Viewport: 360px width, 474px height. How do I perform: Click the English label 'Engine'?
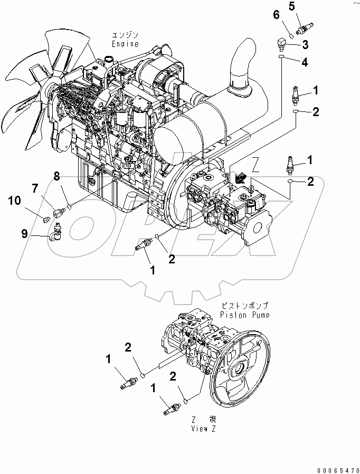[125, 44]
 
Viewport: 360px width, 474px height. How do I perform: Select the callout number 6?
[276, 15]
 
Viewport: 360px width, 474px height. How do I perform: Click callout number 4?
[305, 63]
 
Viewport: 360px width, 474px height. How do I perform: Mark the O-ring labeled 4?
[282, 56]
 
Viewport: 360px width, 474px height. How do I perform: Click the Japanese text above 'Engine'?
[125, 35]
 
